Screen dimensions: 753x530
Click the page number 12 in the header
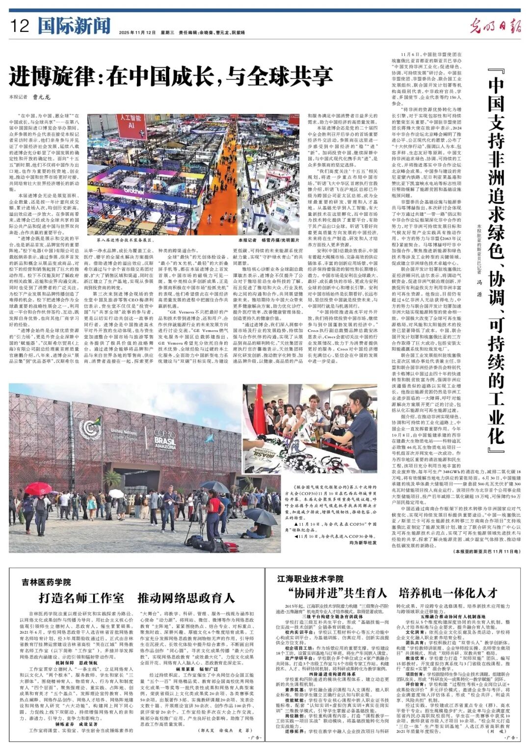(20, 26)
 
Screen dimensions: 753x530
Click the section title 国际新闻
(74, 26)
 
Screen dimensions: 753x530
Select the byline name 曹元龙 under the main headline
(42, 97)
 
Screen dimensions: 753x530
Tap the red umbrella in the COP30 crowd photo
(38, 489)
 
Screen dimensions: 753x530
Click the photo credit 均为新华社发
(363, 542)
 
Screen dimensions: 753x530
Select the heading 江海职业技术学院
(310, 579)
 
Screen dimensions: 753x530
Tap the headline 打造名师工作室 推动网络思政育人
(137, 598)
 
